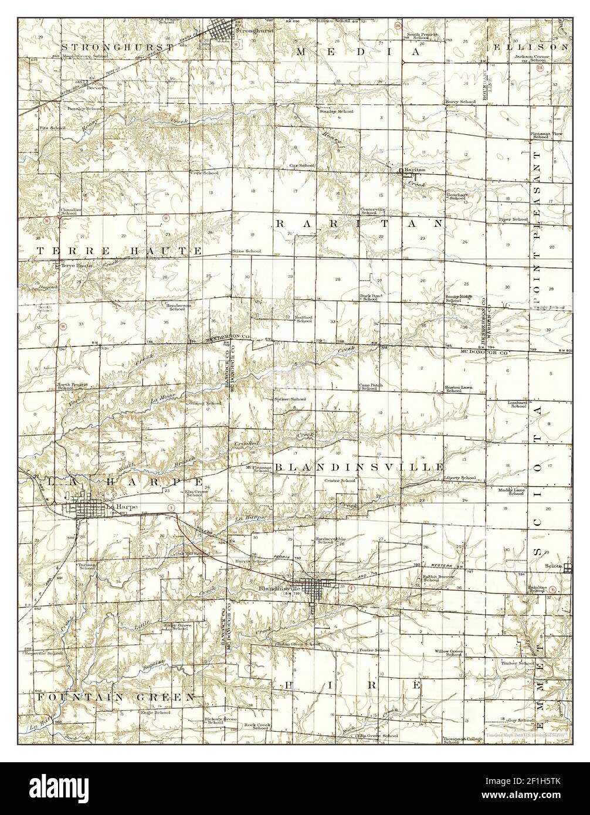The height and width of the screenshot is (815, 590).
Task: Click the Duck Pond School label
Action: pyautogui.click(x=371, y=298)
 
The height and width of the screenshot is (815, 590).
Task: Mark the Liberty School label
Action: pyautogui.click(x=460, y=478)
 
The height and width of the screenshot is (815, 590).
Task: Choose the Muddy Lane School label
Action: pyautogui.click(x=511, y=491)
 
